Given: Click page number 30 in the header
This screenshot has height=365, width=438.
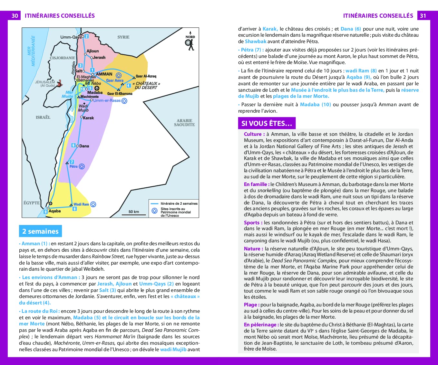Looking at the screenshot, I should pyautogui.click(x=15, y=16).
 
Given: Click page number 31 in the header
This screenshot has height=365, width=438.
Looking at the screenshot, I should pyautogui.click(x=423, y=16).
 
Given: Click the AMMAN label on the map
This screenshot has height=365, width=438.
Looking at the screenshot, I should pyautogui.click(x=104, y=74).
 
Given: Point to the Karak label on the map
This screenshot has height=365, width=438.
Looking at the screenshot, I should pyautogui.click(x=88, y=118).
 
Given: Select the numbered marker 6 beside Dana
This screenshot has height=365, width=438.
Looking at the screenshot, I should pyautogui.click(x=73, y=145).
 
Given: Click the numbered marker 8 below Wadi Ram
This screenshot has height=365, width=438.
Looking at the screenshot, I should pyautogui.click(x=74, y=209).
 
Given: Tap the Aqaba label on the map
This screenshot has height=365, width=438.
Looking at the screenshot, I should pyautogui.click(x=54, y=211).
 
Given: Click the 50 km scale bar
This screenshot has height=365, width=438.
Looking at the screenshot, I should pyautogui.click(x=133, y=214).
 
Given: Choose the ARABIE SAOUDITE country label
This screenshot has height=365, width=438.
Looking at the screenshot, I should pyautogui.click(x=184, y=123).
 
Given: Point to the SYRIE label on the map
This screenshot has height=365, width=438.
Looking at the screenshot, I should pyautogui.click(x=123, y=37).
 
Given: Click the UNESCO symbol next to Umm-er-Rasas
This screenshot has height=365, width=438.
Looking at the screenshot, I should pyautogui.click(x=124, y=101).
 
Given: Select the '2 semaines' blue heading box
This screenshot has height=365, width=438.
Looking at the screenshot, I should pyautogui.click(x=40, y=231).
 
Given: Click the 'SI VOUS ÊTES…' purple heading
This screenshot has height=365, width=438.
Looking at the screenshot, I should pyautogui.click(x=267, y=123).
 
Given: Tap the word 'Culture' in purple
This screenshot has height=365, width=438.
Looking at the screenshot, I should pyautogui.click(x=254, y=134).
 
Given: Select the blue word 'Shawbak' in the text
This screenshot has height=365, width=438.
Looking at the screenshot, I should pyautogui.click(x=256, y=42).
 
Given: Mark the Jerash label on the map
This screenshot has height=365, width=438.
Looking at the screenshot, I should pyautogui.click(x=99, y=57).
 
